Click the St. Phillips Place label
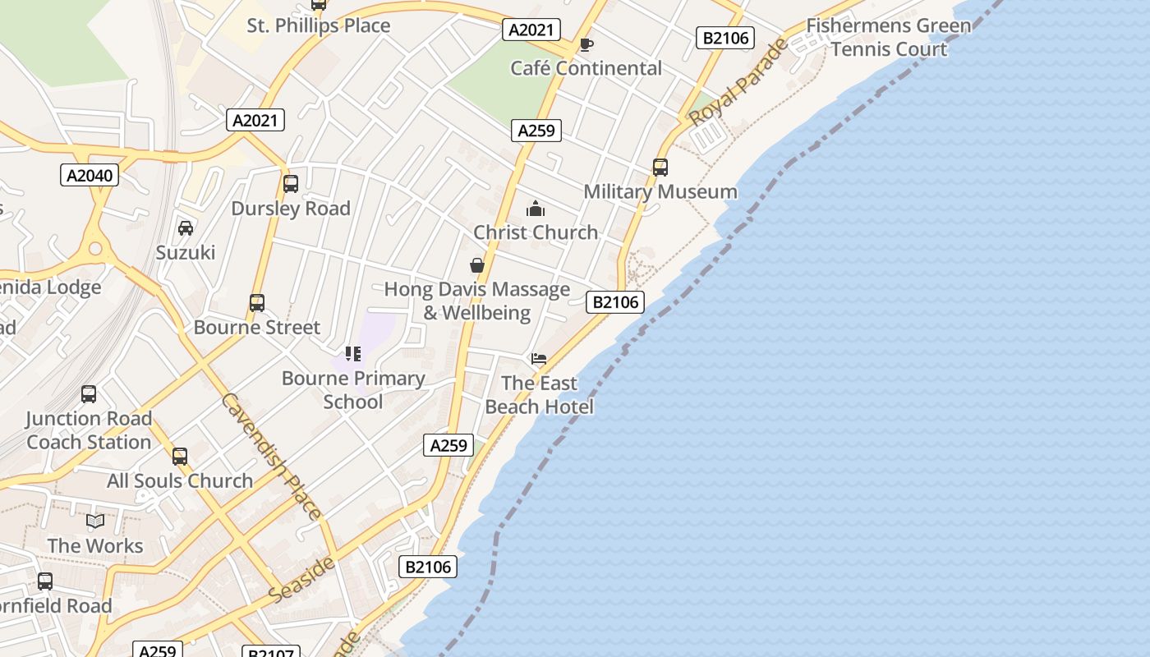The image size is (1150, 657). [319, 25]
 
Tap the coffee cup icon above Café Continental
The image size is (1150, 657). [586, 44]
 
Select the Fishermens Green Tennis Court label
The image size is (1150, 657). [889, 37]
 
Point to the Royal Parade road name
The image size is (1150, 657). [738, 83]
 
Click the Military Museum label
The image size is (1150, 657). [660, 192]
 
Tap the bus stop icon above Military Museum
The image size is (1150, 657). [660, 168]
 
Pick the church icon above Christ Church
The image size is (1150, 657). [536, 209]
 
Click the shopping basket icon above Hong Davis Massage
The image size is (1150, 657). [476, 265]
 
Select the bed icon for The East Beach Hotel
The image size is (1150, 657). [539, 359]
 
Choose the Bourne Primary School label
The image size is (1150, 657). [353, 390]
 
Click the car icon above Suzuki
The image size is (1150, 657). [186, 228]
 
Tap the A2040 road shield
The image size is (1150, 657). [90, 175]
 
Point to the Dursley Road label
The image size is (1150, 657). [291, 209]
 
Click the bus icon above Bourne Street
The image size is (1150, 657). [257, 303]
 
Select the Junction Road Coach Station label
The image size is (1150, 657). [89, 430]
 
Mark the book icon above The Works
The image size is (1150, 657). [95, 521]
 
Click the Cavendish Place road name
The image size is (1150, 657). [271, 457]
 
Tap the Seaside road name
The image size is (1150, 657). [302, 580]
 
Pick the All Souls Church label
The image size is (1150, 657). [180, 481]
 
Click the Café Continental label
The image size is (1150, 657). [586, 68]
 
